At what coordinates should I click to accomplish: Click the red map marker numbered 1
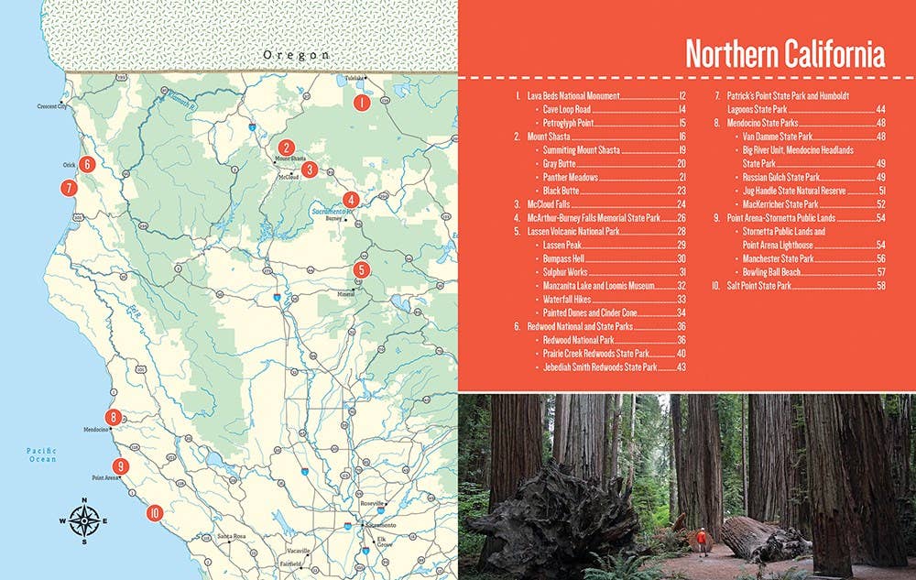tap(363, 103)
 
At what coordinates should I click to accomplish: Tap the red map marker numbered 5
tap(362, 269)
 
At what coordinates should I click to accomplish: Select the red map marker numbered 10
tap(154, 513)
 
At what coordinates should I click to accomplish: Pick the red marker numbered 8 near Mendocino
tap(114, 418)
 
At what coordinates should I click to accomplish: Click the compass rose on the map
tap(84, 520)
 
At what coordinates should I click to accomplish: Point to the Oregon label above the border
tap(295, 55)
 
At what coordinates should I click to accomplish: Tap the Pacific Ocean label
tap(41, 454)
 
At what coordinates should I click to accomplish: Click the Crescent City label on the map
tap(52, 106)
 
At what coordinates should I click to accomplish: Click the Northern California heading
tap(785, 54)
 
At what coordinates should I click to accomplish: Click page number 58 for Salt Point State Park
tap(880, 287)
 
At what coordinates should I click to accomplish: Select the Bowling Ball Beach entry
tap(776, 272)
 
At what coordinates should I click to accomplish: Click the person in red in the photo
tap(702, 539)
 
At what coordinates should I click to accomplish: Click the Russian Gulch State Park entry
tap(780, 177)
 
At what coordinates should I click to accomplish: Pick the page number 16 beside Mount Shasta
tap(682, 137)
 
